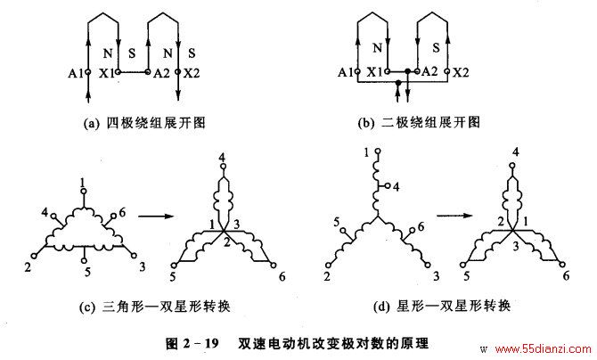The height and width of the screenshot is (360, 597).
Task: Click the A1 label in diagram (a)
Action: coord(76,73)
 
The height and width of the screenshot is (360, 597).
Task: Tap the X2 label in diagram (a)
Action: coord(192,73)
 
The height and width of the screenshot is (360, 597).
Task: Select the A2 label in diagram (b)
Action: coord(429,71)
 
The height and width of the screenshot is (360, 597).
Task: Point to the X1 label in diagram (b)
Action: coord(374,71)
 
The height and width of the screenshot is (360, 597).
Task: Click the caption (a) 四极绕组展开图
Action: coord(144,123)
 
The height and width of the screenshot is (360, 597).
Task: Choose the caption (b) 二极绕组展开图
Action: coord(419,122)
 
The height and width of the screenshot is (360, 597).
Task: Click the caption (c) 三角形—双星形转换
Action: coord(154,307)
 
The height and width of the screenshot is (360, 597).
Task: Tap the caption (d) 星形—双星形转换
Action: coord(442,306)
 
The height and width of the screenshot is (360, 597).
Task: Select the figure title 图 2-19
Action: coord(192,344)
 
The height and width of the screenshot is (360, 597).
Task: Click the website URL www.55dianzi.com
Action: coord(543,348)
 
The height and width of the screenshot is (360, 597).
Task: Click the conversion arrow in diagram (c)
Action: coord(156,217)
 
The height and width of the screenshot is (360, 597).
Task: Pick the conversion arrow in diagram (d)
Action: coord(454,216)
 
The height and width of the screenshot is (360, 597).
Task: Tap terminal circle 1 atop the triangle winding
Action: coord(84,191)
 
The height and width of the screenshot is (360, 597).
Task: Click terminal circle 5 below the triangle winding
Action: coord(84,260)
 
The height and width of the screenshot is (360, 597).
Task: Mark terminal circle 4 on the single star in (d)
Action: coord(388,185)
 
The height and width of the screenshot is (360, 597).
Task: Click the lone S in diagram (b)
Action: coord(437,47)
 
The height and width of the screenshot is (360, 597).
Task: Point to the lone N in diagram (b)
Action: coord(377,47)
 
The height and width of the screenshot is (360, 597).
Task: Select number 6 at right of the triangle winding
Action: coord(122,212)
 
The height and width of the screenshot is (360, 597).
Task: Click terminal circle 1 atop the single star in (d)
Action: coord(378,151)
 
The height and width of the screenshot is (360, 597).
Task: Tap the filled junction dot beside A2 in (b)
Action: coord(408,71)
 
